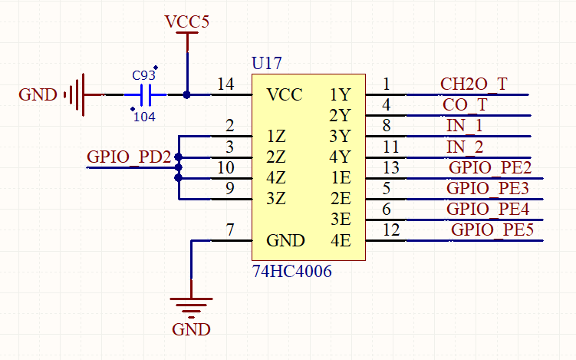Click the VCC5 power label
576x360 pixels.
187,21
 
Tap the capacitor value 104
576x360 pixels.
145,117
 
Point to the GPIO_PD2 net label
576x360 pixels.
129,157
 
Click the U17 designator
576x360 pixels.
266,62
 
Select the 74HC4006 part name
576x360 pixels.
292,271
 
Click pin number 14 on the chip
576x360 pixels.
225,85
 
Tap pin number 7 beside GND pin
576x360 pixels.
229,230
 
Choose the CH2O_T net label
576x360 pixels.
473,84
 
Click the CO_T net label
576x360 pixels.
465,105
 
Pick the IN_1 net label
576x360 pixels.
464,126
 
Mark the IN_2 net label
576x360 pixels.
465,147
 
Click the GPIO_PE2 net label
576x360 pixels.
490,167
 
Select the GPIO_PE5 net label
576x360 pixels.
492,230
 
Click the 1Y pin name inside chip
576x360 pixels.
340,95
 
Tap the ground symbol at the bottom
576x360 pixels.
190,307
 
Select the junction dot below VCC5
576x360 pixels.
187,95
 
